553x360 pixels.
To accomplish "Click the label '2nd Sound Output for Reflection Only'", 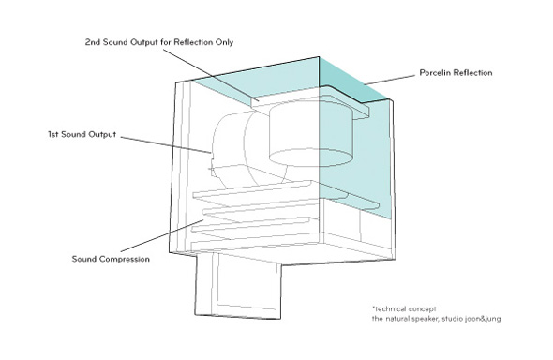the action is tap(159, 42).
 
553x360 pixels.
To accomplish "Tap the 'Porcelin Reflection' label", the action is tap(456, 72).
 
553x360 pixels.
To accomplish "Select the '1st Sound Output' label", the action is tap(82, 134).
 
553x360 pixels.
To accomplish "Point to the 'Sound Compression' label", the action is tap(111, 259).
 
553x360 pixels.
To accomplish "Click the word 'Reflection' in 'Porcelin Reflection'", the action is tap(472, 72).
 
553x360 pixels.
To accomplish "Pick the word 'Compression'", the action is tap(125, 259).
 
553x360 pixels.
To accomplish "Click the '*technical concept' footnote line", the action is tap(404, 308).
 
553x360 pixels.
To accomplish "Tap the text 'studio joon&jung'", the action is tap(471, 319).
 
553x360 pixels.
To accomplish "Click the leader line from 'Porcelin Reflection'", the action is tap(390, 80).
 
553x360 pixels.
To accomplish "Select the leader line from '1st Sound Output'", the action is tap(166, 144).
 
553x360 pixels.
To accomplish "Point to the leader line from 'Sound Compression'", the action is tap(162, 235).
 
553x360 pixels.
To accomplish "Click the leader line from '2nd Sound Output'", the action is tap(211, 75).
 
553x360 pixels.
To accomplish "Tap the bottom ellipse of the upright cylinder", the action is tap(310, 157).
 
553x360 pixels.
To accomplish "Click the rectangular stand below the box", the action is tap(238, 286).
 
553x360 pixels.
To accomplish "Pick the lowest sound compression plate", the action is tap(251, 231).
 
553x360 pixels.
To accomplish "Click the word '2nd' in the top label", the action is tap(93, 42).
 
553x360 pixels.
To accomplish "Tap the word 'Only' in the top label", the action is tap(224, 42).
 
